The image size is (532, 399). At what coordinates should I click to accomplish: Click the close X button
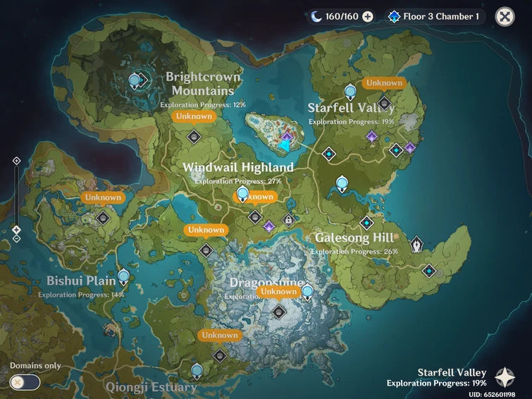tap(505, 16)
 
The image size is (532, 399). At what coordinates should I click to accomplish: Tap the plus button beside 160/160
tap(367, 16)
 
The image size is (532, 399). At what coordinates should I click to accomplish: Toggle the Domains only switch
tap(25, 382)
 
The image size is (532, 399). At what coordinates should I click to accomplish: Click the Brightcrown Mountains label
tap(202, 84)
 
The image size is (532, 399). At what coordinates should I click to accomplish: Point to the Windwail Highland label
tap(237, 168)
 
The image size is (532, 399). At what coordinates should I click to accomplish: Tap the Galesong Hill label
tap(354, 238)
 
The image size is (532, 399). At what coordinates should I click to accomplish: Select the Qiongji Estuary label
tap(151, 387)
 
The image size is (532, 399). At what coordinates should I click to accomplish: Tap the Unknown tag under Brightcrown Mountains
tap(194, 116)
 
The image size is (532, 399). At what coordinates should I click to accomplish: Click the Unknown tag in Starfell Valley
tap(384, 82)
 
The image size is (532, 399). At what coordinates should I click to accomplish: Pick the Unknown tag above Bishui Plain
tap(103, 197)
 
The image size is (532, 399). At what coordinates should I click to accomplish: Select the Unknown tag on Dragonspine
tap(278, 291)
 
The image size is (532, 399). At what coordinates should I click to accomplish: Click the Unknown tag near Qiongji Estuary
tap(220, 336)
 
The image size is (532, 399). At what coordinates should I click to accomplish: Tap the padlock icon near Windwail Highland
tap(287, 220)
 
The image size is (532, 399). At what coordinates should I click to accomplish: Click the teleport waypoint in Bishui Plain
tap(124, 276)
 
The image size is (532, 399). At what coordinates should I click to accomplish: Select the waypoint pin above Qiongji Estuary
tap(197, 369)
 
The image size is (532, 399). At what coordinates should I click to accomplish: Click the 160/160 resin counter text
tap(342, 16)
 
